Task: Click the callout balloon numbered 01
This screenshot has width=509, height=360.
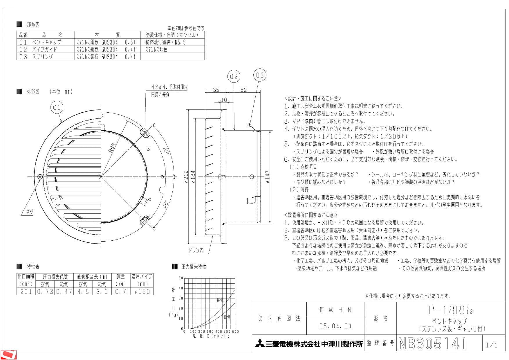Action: pyautogui.click(x=57, y=107)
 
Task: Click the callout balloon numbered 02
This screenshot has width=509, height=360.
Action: pyautogui.click(x=234, y=76)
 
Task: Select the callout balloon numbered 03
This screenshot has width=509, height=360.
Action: pyautogui.click(x=260, y=75)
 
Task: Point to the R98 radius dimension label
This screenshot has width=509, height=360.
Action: pyautogui.click(x=112, y=147)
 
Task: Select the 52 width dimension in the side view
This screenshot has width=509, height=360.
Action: pyautogui.click(x=243, y=90)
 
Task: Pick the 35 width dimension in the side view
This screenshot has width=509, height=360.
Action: pyautogui.click(x=216, y=90)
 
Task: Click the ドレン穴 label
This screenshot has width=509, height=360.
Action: pyautogui.click(x=196, y=250)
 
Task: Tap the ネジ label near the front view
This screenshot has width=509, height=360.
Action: pyautogui.click(x=30, y=212)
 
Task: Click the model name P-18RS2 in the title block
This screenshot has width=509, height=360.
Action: pyautogui.click(x=450, y=310)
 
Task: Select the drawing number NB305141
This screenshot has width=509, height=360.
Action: pyautogui.click(x=432, y=343)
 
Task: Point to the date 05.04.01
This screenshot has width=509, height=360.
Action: pyautogui.click(x=335, y=326)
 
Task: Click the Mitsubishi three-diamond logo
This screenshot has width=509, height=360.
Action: pyautogui.click(x=260, y=344)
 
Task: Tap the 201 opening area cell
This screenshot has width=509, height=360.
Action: pyautogui.click(x=26, y=291)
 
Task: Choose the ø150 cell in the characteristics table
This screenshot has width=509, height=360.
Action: pyautogui.click(x=142, y=291)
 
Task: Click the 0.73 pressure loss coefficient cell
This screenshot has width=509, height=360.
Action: pyautogui.click(x=45, y=291)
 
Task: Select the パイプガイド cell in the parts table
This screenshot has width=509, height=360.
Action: pyautogui.click(x=44, y=49)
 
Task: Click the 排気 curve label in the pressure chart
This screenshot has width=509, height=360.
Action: pyautogui.click(x=220, y=300)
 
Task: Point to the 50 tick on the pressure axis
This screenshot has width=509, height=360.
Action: pyautogui.click(x=181, y=278)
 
